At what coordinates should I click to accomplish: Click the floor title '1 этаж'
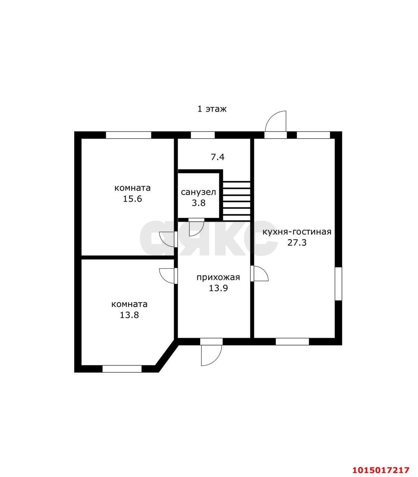coord(212,109)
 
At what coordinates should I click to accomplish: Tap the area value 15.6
coord(132,199)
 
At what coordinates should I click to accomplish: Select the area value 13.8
coord(129,315)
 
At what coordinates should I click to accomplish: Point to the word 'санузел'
coord(198,192)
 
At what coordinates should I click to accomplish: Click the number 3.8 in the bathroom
coord(198,203)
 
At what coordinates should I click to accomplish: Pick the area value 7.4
coord(218,157)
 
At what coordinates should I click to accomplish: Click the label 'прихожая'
coord(218,277)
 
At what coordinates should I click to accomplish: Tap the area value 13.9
coord(218,288)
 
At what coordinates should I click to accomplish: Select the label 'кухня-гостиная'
coord(297,232)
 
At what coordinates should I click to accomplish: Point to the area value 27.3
coord(297,243)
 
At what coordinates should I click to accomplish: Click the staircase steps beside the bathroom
coord(236,201)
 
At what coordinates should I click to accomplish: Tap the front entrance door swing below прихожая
coord(211,354)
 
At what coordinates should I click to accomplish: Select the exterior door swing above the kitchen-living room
coord(276,121)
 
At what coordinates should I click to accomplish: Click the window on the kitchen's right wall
coord(338,283)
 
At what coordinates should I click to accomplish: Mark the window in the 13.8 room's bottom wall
coord(122,369)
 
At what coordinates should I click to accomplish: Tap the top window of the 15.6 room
coord(128,135)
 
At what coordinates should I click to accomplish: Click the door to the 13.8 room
coord(167,276)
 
